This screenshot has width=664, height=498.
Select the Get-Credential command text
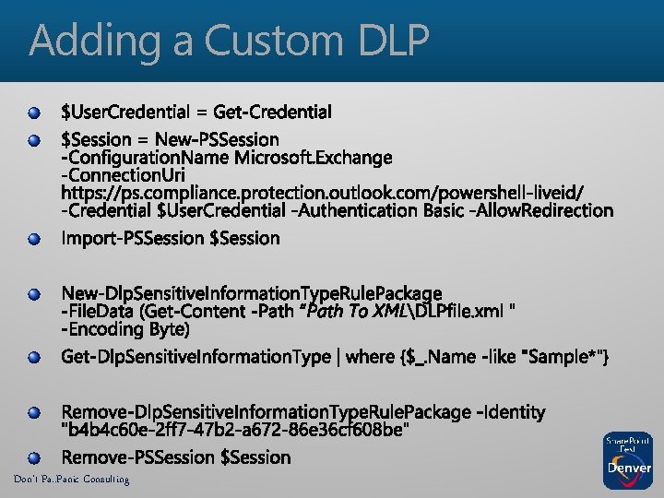[272, 113]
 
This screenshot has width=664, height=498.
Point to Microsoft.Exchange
[314, 159]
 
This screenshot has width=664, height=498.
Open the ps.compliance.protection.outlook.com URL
[322, 193]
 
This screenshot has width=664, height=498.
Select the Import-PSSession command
[134, 239]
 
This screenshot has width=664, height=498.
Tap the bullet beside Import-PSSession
[34, 240]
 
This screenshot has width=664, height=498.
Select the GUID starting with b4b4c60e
[235, 430]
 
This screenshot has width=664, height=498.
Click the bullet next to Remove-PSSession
[34, 457]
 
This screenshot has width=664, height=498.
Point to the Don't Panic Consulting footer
[71, 480]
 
